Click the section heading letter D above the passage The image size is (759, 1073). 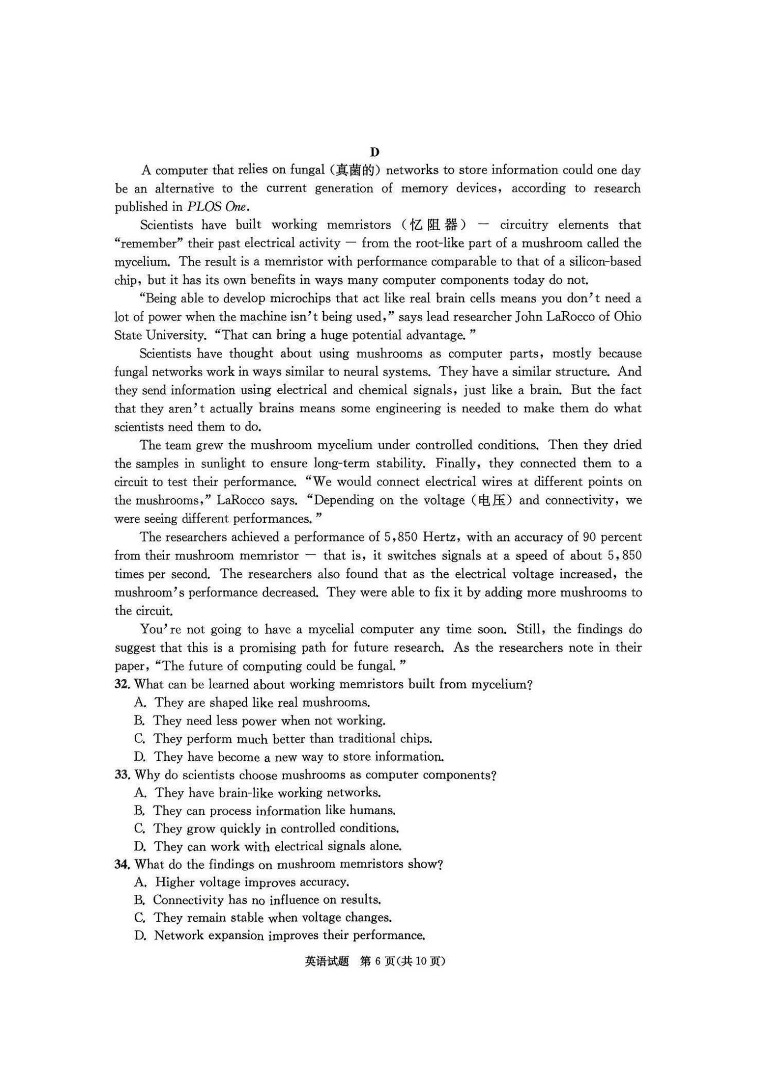point(374,152)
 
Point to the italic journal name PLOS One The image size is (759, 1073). point(216,206)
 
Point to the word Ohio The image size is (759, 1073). point(627,316)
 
